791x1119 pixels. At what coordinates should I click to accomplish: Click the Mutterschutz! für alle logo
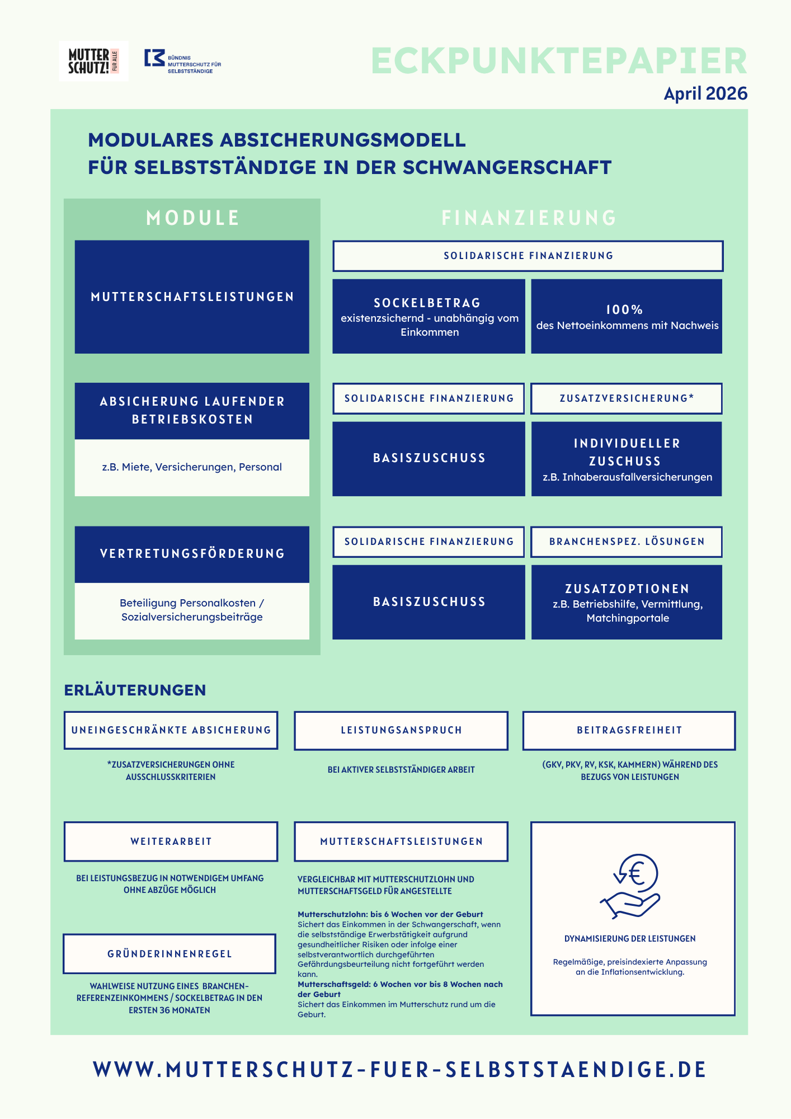point(93,62)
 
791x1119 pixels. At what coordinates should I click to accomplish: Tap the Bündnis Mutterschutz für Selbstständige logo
point(183,62)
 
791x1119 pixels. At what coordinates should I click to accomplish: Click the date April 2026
point(705,93)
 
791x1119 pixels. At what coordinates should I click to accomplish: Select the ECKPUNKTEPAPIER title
point(559,61)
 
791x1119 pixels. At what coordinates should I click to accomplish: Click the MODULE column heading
point(193,218)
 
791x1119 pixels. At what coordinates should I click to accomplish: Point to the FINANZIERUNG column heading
point(529,218)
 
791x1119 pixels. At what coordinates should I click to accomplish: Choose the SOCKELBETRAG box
point(429,316)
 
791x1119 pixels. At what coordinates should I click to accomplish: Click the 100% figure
point(625,309)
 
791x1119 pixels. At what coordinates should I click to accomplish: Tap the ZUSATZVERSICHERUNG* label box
point(627,398)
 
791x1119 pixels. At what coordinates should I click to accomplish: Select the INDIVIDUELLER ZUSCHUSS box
point(627,459)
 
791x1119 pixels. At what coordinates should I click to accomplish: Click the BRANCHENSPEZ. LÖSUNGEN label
point(627,542)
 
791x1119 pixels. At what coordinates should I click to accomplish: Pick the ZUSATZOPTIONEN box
point(627,602)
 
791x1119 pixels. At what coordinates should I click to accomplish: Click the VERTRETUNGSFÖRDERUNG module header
point(192,554)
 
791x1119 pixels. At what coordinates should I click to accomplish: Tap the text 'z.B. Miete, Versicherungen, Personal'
point(192,467)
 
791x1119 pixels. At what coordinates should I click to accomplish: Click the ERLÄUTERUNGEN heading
point(135,690)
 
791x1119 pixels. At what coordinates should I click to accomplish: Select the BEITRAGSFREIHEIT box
point(629,730)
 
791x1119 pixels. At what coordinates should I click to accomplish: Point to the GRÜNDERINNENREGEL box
point(170,954)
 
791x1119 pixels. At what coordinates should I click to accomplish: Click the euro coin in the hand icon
point(638,873)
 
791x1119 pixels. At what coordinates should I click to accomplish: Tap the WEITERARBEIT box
point(171,841)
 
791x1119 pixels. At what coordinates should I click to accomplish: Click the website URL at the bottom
point(399,1069)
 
